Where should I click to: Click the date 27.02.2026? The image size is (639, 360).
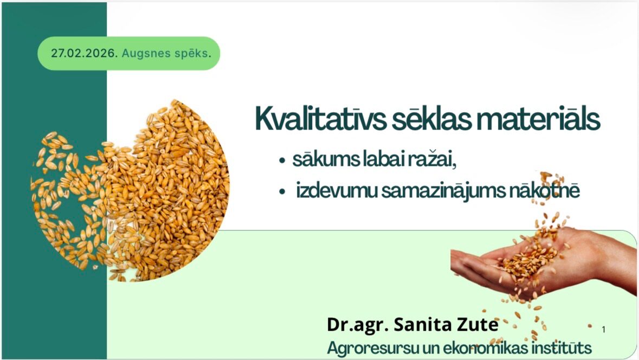pos(85,54)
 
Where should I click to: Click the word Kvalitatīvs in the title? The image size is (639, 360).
pos(320,119)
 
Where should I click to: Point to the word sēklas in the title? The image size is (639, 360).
pos(431,119)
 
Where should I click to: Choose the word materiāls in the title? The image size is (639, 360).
pos(538,119)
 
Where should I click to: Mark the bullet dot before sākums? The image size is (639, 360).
pos(282,160)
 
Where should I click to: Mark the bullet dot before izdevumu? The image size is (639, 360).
pos(282,191)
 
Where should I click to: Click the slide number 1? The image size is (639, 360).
pos(604,330)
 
